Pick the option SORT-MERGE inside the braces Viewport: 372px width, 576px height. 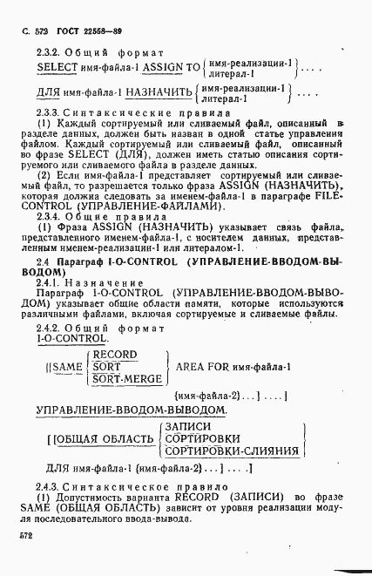coord(125,380)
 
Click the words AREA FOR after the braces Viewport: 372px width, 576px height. coord(200,368)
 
